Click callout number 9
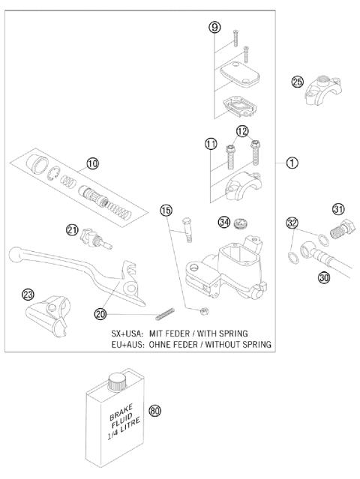pos(214,28)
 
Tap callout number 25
pos(298,82)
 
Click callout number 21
pos(72,230)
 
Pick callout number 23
pos(28,295)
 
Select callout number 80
pos(155,411)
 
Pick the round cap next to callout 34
pos(241,222)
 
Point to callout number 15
pos(166,210)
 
